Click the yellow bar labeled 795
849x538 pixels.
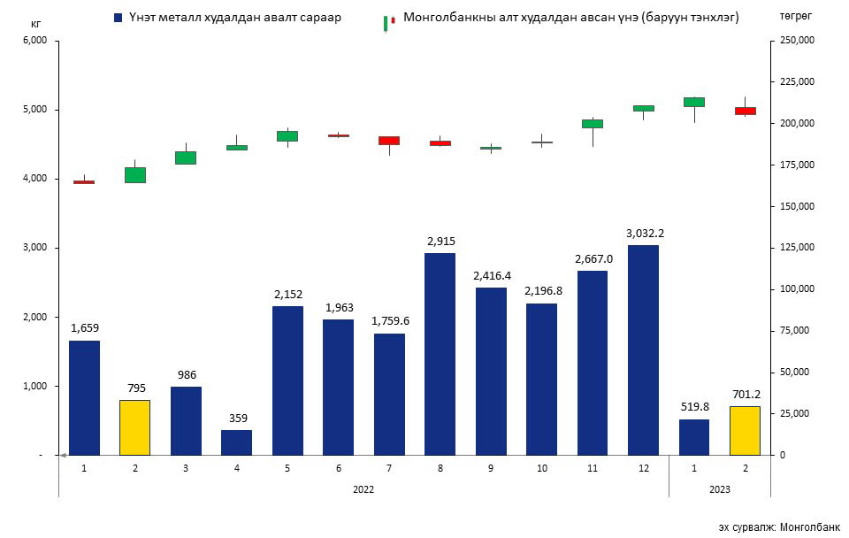pyautogui.click(x=134, y=427)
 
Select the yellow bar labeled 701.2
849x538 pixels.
pyautogui.click(x=745, y=430)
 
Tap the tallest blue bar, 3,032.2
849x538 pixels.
pyautogui.click(x=643, y=350)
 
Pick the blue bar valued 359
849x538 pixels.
pyautogui.click(x=236, y=442)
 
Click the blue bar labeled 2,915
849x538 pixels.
pyautogui.click(x=440, y=354)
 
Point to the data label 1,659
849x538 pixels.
pyautogui.click(x=84, y=328)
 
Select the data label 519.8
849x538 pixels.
pyautogui.click(x=694, y=407)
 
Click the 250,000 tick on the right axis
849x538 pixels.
pyautogui.click(x=792, y=41)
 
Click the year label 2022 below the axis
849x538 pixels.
pyautogui.click(x=363, y=488)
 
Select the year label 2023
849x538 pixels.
pyautogui.click(x=719, y=488)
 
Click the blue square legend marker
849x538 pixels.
pyautogui.click(x=118, y=18)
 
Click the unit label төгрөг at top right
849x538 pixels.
pyautogui.click(x=795, y=17)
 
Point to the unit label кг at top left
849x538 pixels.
pyautogui.click(x=36, y=24)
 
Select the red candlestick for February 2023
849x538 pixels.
pyautogui.click(x=745, y=111)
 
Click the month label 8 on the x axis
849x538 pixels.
pyautogui.click(x=440, y=466)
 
